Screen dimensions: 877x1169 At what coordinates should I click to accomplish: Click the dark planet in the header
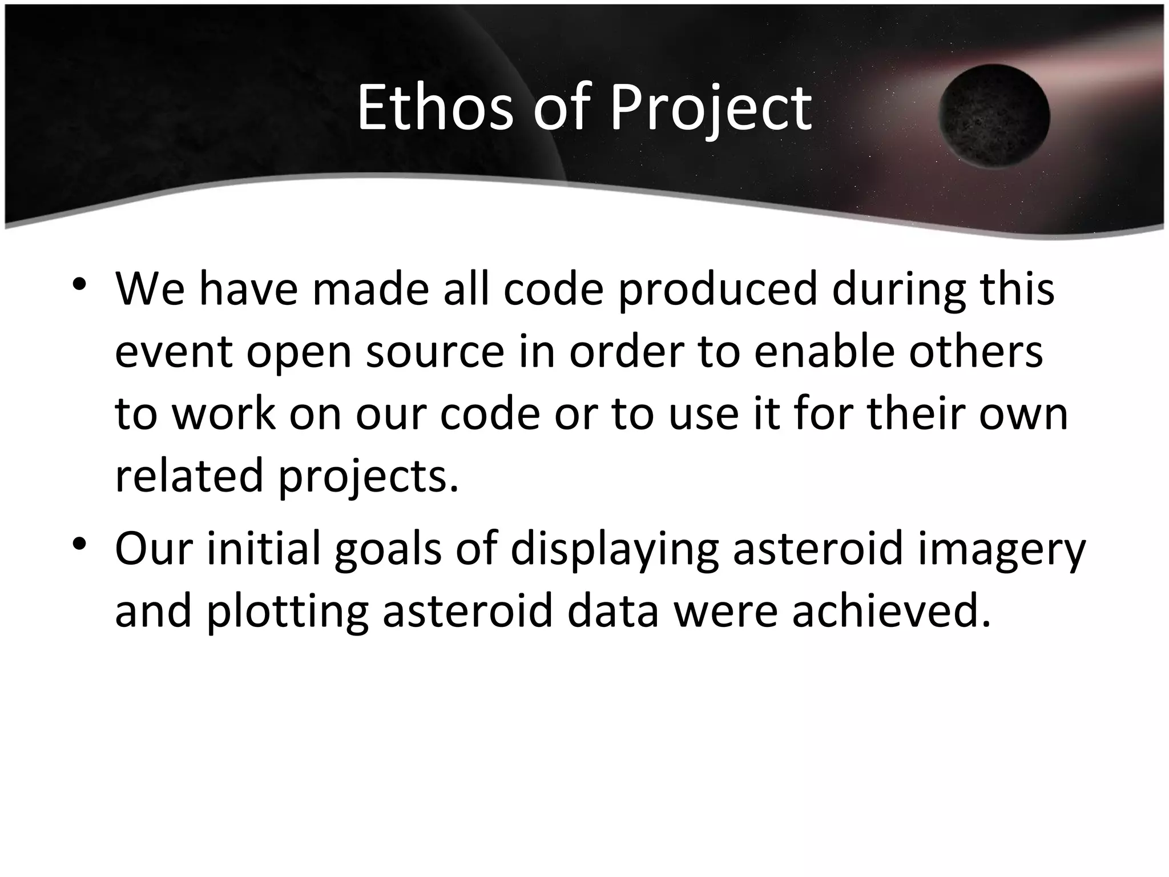[x=994, y=116]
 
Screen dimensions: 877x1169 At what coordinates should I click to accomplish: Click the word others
[x=976, y=352]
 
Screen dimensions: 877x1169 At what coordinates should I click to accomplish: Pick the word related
[x=188, y=476]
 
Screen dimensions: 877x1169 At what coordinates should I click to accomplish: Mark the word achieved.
[x=891, y=610]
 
